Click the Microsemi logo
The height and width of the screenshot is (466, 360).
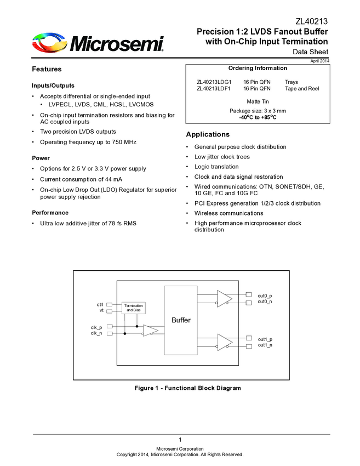click(x=98, y=43)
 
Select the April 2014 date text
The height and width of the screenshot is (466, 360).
click(x=319, y=60)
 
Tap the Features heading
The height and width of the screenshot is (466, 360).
click(x=47, y=70)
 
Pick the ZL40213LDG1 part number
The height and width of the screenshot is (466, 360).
click(x=214, y=82)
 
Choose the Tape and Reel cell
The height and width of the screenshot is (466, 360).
click(x=301, y=88)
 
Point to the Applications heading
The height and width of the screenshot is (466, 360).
click(x=208, y=134)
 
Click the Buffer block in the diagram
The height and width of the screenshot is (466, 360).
click(x=181, y=320)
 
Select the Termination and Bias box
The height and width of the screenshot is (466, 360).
click(x=134, y=308)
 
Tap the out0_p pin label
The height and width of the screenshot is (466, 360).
click(x=265, y=295)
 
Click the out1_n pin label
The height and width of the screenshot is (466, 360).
click(x=265, y=345)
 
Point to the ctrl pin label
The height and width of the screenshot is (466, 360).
click(x=100, y=304)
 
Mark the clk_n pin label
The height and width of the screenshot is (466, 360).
click(x=96, y=333)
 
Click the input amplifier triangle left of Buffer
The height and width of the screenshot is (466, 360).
click(x=150, y=330)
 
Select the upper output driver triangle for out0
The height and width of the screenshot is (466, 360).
click(x=224, y=298)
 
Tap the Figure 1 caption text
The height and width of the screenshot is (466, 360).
click(x=188, y=388)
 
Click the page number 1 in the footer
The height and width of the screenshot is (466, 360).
click(x=180, y=440)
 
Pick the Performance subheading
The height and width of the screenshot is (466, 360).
click(x=50, y=213)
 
